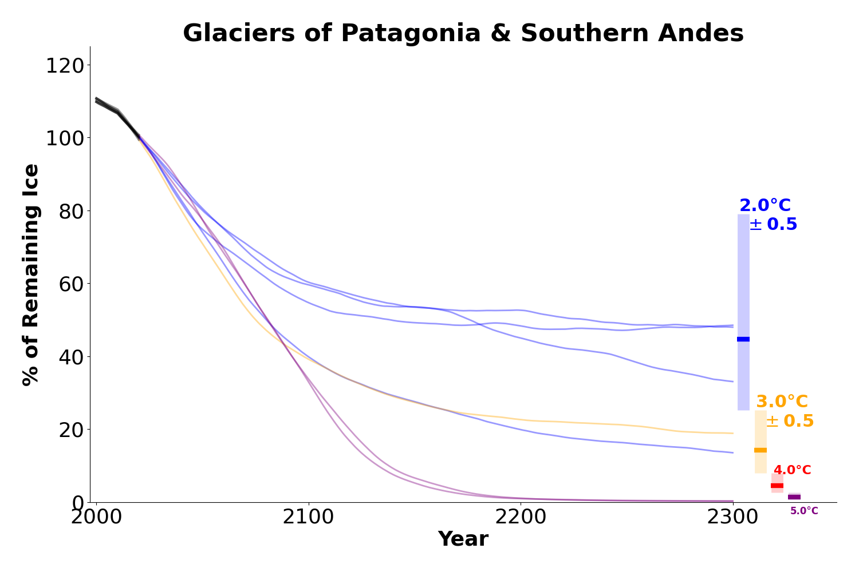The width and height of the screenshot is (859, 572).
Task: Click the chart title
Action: coord(463,33)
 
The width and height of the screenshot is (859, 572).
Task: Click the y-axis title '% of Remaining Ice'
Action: coord(31,275)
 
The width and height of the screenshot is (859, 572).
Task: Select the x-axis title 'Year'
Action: coord(463,539)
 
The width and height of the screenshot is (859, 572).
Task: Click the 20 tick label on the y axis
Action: coord(72,430)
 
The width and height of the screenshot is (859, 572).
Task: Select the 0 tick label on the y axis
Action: coord(78,502)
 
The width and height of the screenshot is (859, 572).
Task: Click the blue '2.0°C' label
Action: coord(765,206)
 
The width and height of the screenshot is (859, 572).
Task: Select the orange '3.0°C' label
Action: coord(782,402)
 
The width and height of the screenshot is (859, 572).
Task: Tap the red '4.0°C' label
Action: coord(792,470)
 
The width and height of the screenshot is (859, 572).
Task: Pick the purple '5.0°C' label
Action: coord(804,511)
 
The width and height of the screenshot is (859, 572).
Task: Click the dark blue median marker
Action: coord(743,339)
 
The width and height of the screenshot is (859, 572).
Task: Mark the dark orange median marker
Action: coord(761,450)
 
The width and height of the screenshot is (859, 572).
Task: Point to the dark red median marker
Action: coord(777,486)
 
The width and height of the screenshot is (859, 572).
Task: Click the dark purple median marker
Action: coord(794,497)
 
